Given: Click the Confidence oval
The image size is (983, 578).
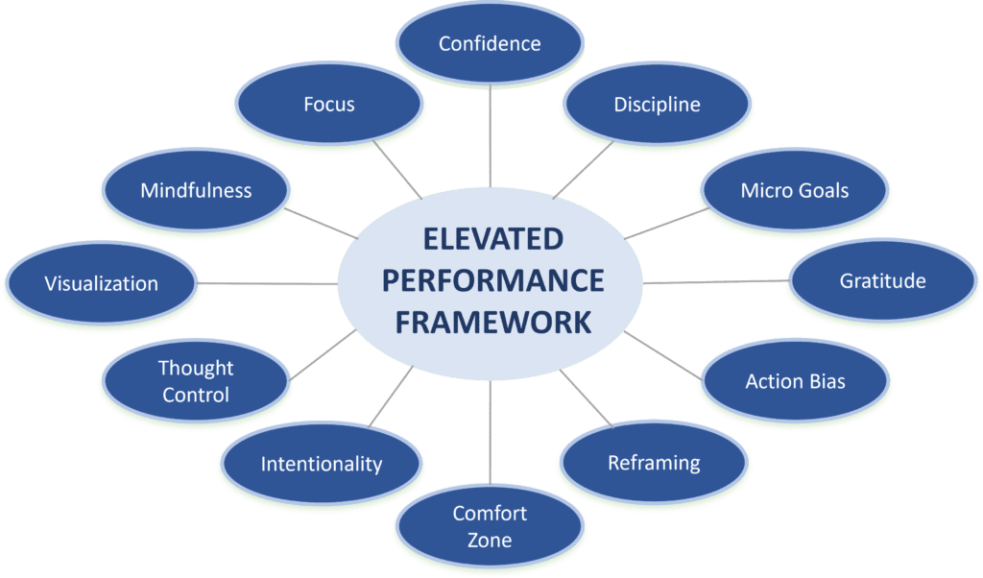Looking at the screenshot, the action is click(x=490, y=43).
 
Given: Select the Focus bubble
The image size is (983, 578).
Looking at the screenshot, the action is click(x=329, y=104).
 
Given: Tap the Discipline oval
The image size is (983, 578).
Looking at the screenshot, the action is click(x=657, y=104).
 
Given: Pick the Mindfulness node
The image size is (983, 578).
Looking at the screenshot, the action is click(x=196, y=190).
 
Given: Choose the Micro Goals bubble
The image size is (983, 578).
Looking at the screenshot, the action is click(x=795, y=190).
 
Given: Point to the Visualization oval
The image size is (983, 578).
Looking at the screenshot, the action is click(x=101, y=283).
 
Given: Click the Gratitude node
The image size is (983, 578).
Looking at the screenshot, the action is click(x=883, y=280).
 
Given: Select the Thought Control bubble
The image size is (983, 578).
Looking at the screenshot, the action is click(x=196, y=380).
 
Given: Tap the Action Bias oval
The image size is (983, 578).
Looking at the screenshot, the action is click(x=795, y=380).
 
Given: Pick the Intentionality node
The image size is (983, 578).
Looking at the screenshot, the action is click(x=321, y=464).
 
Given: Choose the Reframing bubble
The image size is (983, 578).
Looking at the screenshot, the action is click(x=654, y=462).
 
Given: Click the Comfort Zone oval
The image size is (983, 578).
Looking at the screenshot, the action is click(x=490, y=526).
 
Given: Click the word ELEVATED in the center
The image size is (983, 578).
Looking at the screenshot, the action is click(x=492, y=239).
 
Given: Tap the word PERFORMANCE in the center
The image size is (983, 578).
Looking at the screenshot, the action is click(x=492, y=280).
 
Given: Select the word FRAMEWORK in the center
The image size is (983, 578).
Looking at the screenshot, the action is click(x=492, y=323).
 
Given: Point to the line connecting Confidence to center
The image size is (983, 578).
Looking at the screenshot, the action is click(x=490, y=135).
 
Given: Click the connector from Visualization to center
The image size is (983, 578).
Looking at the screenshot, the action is click(x=268, y=283).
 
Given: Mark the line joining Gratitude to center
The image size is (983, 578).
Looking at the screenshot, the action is click(x=716, y=282).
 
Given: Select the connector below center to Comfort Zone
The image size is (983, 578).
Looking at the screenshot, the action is click(x=490, y=433).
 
